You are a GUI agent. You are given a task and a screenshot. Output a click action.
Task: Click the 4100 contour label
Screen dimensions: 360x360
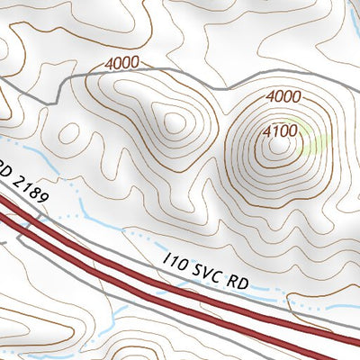click(280, 131)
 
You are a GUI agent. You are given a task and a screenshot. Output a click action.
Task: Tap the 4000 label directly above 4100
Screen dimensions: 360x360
click(283, 95)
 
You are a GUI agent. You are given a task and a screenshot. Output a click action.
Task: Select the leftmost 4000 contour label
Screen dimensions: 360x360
click(123, 64)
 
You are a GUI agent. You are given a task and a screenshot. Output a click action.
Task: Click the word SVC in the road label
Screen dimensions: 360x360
click(205, 271)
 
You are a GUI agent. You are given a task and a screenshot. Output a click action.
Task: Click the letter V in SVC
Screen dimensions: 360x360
click(205, 271)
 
